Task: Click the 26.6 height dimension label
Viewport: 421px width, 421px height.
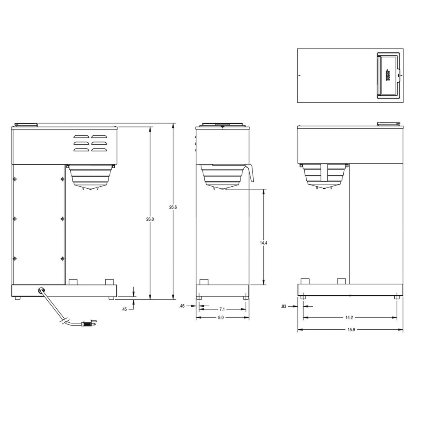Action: (x=173, y=208)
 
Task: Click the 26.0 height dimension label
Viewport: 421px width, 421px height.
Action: (x=150, y=220)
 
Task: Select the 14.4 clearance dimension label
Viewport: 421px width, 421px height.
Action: (x=264, y=243)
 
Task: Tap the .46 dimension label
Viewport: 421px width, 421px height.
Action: (x=182, y=306)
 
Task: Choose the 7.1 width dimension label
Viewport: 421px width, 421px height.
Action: (x=222, y=309)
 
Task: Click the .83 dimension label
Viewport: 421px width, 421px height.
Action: (x=284, y=306)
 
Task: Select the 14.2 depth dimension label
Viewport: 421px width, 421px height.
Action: (x=349, y=317)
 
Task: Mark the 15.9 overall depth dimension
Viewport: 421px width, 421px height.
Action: (x=349, y=330)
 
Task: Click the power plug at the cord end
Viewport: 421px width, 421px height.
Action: (x=88, y=324)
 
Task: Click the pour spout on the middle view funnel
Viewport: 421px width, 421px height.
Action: (x=250, y=173)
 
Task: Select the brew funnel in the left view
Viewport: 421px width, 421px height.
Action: (x=91, y=176)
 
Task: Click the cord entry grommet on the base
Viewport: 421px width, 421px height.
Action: (x=41, y=290)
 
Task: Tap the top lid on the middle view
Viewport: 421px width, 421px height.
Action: (x=222, y=125)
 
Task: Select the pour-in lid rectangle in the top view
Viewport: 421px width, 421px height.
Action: (x=388, y=75)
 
